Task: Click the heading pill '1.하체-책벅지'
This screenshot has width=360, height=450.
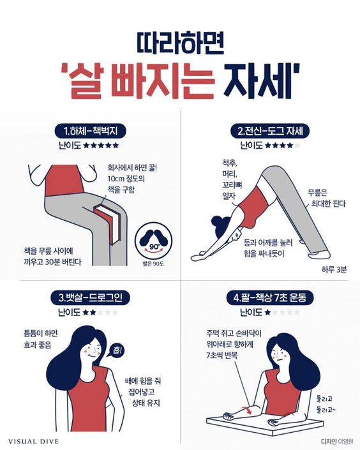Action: tap(91, 131)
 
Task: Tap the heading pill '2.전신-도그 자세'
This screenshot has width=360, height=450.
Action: tap(271, 131)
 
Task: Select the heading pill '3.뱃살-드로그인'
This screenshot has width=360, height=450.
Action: tap(91, 297)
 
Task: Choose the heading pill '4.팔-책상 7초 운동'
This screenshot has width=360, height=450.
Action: tap(269, 297)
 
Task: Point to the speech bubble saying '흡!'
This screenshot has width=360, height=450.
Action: tap(116, 350)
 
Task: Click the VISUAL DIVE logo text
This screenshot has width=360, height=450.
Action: tap(33, 442)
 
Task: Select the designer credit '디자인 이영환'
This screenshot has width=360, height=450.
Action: tap(337, 442)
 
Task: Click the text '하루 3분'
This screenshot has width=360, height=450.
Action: tap(334, 269)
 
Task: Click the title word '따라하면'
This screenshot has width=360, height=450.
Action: tap(180, 43)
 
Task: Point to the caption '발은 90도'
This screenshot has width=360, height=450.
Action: tap(153, 264)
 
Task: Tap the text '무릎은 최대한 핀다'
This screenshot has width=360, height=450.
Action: tap(328, 199)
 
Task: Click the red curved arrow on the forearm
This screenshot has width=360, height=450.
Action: tap(247, 410)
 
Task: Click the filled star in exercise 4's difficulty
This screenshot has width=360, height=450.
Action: tap(267, 312)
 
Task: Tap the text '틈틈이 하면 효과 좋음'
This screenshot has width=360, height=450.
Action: tap(40, 339)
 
